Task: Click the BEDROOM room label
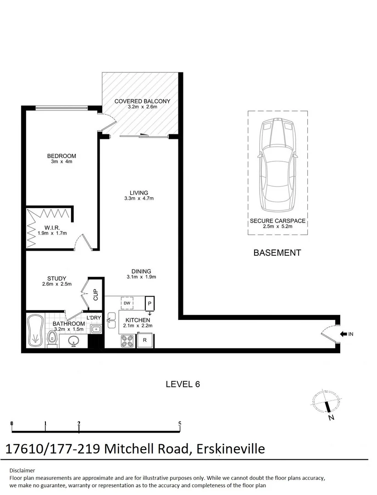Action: tap(61, 156)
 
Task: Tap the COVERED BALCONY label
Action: tap(142, 101)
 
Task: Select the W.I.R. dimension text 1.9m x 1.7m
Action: tap(52, 233)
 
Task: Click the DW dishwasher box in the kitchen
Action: tap(127, 303)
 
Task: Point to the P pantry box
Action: tap(149, 303)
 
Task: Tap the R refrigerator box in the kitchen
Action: tap(145, 341)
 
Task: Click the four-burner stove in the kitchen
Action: tap(127, 341)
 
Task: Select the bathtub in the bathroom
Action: tap(35, 330)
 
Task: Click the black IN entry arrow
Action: tap(344, 334)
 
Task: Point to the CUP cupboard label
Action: tap(96, 295)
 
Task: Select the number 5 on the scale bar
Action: tap(180, 423)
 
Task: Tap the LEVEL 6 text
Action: tap(183, 384)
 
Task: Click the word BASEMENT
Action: tap(277, 253)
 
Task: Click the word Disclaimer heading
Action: tap(22, 470)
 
